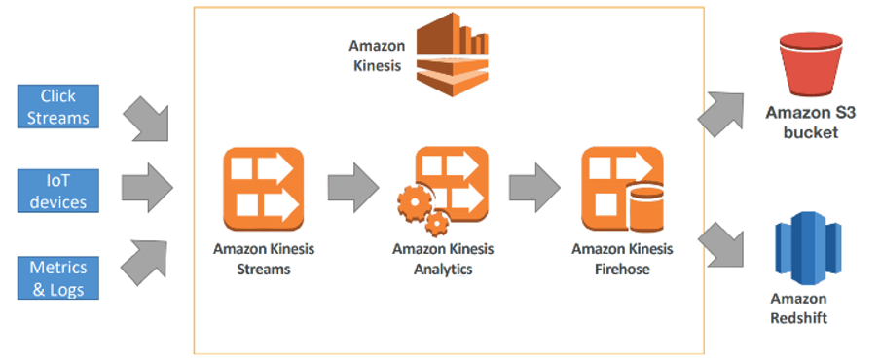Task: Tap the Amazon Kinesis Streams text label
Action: pyautogui.click(x=264, y=259)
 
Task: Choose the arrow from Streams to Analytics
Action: pyautogui.click(x=353, y=182)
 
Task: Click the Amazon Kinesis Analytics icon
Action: pyautogui.click(x=444, y=187)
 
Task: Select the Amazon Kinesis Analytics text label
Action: pyautogui.click(x=443, y=259)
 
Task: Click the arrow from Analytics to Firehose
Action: pyautogui.click(x=534, y=182)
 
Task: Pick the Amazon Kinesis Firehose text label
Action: pyautogui.click(x=622, y=259)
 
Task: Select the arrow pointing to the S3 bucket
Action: pyautogui.click(x=721, y=112)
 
